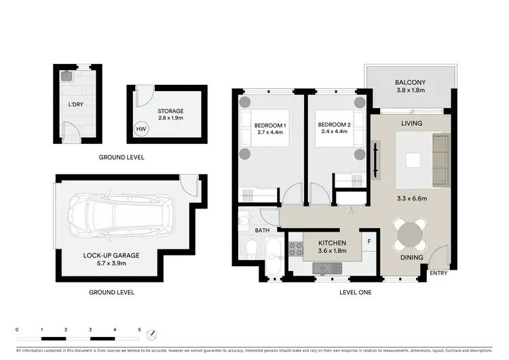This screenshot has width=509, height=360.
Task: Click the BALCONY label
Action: pyautogui.click(x=411, y=84)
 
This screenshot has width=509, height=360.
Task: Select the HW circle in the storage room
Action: pyautogui.click(x=141, y=129)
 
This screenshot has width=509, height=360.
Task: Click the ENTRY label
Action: pyautogui.click(x=438, y=273)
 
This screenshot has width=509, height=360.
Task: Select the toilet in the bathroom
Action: pyautogui.click(x=250, y=253)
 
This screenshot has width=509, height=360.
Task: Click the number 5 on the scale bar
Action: pyautogui.click(x=140, y=329)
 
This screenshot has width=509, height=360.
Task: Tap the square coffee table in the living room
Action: pyautogui.click(x=413, y=160)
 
